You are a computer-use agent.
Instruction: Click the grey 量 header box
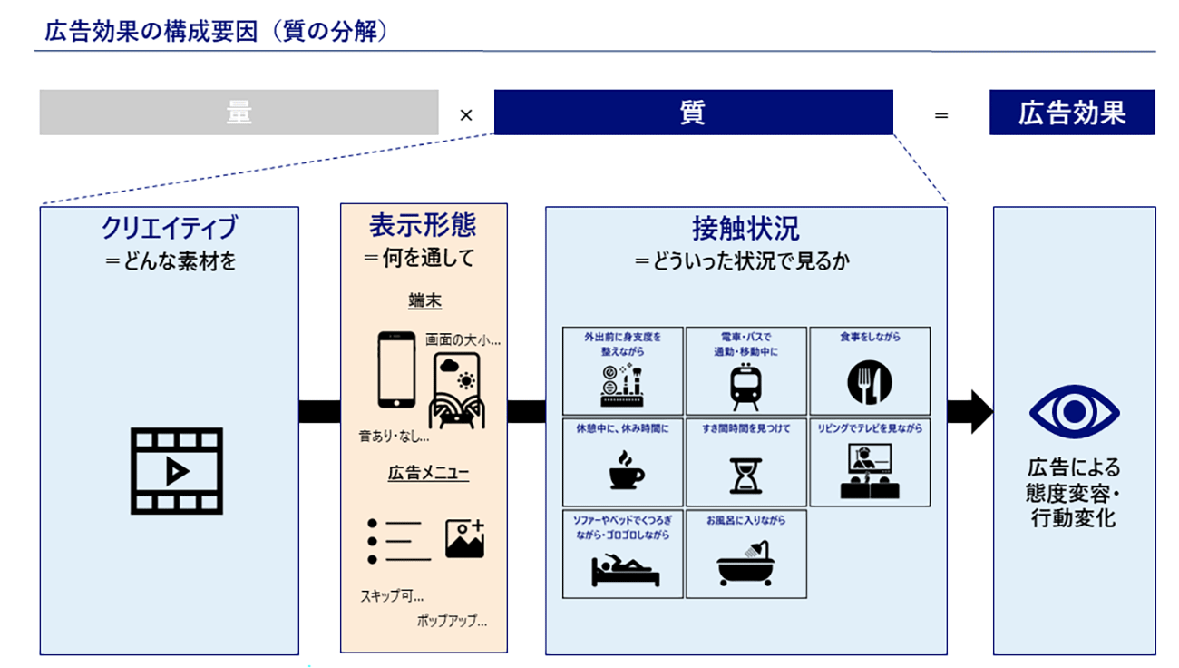pos(239,113)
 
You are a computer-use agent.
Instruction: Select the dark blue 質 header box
pos(692,113)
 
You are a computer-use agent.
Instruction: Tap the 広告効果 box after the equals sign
pos(1072,113)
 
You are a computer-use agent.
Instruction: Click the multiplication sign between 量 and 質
pos(466,115)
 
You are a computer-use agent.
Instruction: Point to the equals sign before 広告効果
pos(941,115)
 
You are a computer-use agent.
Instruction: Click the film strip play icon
pos(177,470)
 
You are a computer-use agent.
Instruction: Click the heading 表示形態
pos(423,225)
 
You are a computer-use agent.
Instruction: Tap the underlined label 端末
pos(424,301)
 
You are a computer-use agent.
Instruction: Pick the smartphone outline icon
pos(395,369)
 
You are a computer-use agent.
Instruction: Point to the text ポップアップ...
pos(452,622)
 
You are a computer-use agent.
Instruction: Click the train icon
pos(745,386)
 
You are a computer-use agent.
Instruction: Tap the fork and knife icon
pos(870,382)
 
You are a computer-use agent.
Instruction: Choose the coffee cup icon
pos(624,471)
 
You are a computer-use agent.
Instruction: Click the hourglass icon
pos(746,474)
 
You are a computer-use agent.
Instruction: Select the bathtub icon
pos(745,564)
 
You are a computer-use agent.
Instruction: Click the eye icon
pos(1074,412)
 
